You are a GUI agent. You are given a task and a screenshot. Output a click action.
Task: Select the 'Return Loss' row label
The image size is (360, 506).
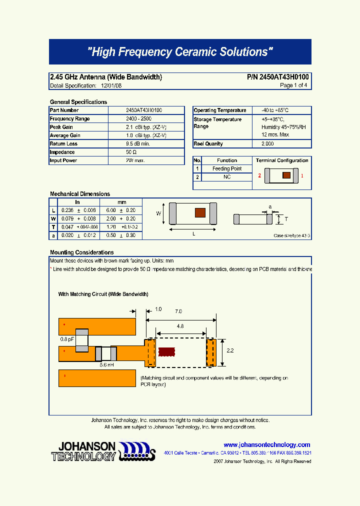[63, 144]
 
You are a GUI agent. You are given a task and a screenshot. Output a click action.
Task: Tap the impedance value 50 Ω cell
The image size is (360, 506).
[131, 152]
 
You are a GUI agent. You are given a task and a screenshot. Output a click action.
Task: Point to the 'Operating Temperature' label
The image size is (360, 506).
[220, 110]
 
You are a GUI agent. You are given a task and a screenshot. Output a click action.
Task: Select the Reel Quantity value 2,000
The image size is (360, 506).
[267, 144]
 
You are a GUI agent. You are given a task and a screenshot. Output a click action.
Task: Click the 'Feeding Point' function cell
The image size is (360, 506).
[227, 169]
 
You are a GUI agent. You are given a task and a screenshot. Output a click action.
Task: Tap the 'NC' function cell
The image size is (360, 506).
[227, 177]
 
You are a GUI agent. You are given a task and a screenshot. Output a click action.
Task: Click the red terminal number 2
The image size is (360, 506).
[259, 176]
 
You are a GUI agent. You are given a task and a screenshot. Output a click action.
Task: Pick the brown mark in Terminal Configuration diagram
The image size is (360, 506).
[286, 175]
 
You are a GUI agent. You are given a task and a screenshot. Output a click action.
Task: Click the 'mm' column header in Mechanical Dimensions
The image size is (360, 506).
[122, 202]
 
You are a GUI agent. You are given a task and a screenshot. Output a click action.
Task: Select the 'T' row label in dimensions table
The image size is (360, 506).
[53, 227]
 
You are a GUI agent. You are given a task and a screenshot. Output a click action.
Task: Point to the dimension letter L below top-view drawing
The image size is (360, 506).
[193, 234]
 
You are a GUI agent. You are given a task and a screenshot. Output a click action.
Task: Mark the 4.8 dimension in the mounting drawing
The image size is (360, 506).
[180, 326]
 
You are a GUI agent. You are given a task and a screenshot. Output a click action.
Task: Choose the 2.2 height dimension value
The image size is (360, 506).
[230, 351]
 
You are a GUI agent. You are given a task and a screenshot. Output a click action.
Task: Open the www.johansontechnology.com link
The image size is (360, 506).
[266, 444]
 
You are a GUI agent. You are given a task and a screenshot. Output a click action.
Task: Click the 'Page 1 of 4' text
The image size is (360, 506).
[293, 86]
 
